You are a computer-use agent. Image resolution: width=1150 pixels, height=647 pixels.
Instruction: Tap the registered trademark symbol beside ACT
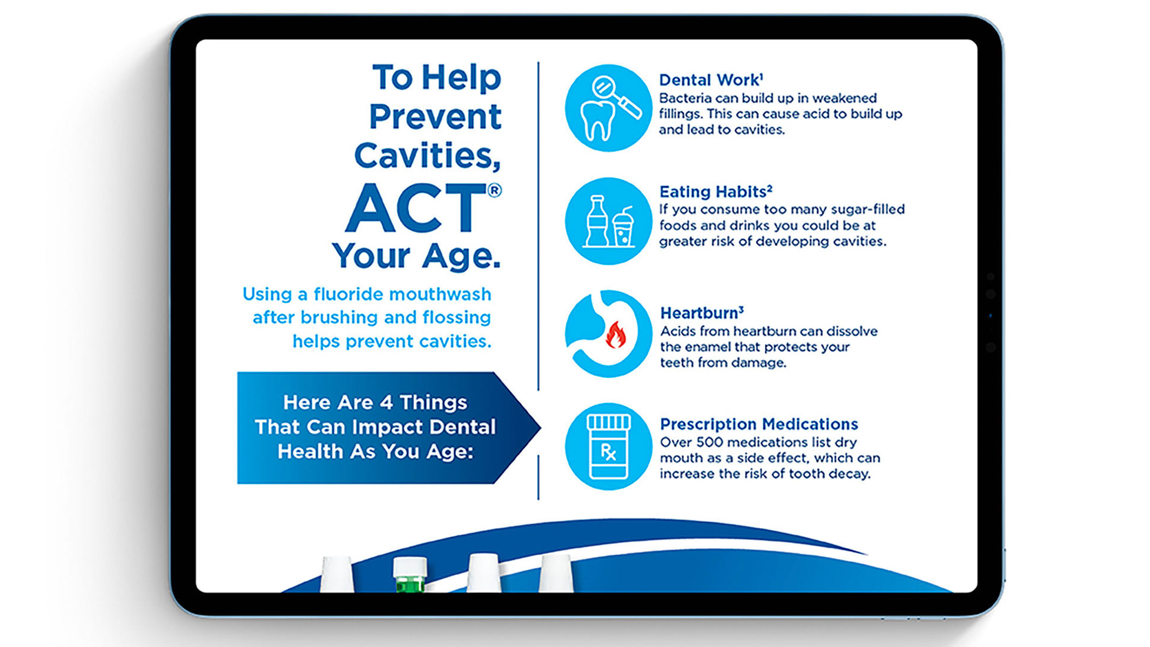[x=495, y=191]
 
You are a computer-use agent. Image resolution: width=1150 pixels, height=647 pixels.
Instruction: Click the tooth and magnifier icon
[x=609, y=108]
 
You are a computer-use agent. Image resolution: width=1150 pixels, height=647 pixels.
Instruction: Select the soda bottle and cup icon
[x=609, y=221]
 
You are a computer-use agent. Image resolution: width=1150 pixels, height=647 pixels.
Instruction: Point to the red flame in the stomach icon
[x=615, y=335]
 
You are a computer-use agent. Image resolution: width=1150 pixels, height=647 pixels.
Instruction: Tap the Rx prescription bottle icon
[x=609, y=446]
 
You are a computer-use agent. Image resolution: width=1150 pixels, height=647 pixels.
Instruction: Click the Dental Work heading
[x=711, y=80]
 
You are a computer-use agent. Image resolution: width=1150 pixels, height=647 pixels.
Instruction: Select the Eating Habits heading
[x=716, y=192]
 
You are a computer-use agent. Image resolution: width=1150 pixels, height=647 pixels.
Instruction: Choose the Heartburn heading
[x=702, y=313]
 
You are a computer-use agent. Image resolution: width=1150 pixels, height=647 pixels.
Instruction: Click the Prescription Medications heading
[x=759, y=424]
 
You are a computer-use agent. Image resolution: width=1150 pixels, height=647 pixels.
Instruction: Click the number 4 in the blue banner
[x=386, y=403]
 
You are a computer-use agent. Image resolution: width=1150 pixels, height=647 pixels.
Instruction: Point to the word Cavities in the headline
[x=427, y=156]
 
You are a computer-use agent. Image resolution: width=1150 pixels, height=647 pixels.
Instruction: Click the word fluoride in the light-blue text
[x=348, y=294]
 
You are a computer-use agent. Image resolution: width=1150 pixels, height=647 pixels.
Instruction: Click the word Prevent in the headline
[x=435, y=116]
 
